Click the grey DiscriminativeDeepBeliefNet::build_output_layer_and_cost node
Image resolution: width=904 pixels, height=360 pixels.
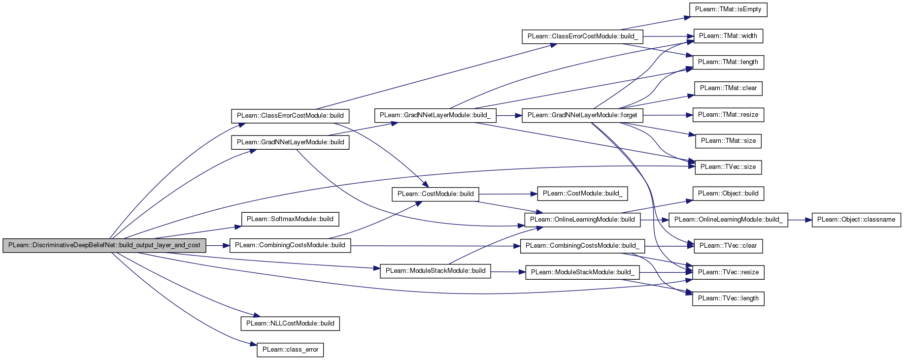pyautogui.click(x=104, y=245)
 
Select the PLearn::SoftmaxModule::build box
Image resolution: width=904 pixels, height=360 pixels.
pyautogui.click(x=290, y=219)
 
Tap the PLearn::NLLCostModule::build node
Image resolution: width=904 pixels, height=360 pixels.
pyautogui.click(x=290, y=324)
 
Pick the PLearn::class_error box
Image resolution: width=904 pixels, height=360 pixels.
pyautogui.click(x=290, y=350)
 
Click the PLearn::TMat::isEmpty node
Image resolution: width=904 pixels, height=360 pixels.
pyautogui.click(x=728, y=9)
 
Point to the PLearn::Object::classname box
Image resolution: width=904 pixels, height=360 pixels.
pyautogui.click(x=856, y=220)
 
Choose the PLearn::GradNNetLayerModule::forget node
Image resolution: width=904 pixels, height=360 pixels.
pyautogui.click(x=582, y=115)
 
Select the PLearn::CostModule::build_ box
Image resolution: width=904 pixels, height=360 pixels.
pyautogui.click(x=582, y=194)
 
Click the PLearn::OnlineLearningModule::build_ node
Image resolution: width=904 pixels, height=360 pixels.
pyautogui.click(x=728, y=220)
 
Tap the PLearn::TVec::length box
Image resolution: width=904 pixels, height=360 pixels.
pyautogui.click(x=728, y=298)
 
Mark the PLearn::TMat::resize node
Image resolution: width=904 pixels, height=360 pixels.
pyautogui.click(x=728, y=115)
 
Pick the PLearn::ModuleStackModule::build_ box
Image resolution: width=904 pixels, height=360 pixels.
pyautogui.click(x=582, y=272)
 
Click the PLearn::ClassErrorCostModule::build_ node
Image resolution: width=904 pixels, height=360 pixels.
pyautogui.click(x=582, y=36)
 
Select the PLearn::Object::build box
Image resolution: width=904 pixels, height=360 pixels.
pyautogui.click(x=728, y=194)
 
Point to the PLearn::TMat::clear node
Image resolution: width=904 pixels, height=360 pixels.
pyautogui.click(x=728, y=89)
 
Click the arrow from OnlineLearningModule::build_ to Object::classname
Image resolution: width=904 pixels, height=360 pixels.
pyautogui.click(x=800, y=220)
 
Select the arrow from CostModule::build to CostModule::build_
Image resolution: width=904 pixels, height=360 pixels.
pyautogui.click(x=508, y=194)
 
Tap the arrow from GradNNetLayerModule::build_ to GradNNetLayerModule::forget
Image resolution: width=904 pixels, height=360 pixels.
pyautogui.click(x=509, y=116)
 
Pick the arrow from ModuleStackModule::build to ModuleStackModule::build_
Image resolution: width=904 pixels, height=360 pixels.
pyautogui.click(x=508, y=272)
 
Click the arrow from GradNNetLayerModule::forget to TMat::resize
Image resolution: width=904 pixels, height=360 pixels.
pyautogui.click(x=668, y=115)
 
